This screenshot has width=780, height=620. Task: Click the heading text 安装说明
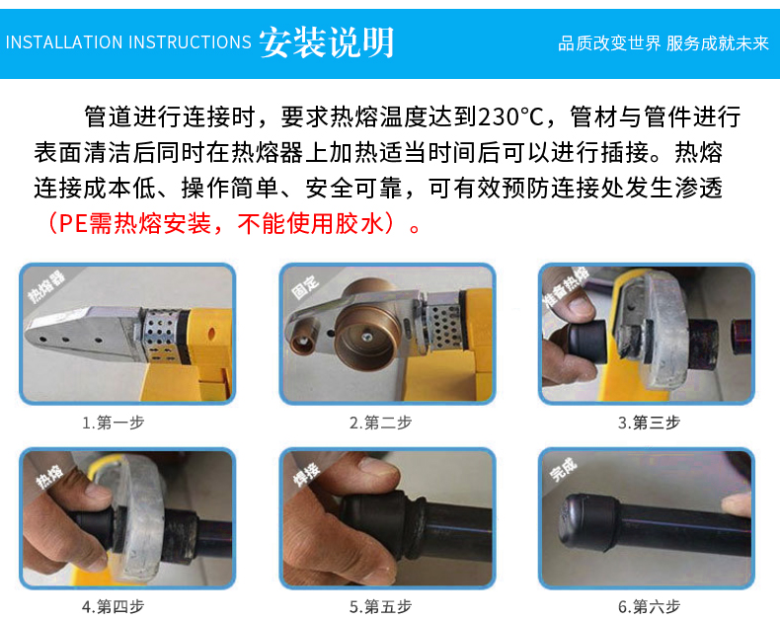point(327,42)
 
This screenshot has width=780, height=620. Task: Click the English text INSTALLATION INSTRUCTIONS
point(128,42)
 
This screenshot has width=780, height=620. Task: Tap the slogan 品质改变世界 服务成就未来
point(663,43)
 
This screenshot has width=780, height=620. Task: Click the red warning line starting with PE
point(233,223)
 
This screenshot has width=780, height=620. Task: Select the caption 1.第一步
point(114,423)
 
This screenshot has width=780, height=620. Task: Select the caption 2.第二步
point(380,423)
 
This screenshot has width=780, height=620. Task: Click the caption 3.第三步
point(649,423)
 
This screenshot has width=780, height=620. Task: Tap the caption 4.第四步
point(114,606)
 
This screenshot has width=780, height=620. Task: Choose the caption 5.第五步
point(380,606)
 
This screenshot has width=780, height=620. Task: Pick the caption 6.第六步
point(649,606)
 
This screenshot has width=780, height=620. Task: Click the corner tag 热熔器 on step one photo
point(46,287)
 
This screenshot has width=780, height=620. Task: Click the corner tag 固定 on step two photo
point(305,286)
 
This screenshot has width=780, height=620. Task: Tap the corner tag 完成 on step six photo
point(563,469)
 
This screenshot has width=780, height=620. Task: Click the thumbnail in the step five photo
point(379,467)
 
